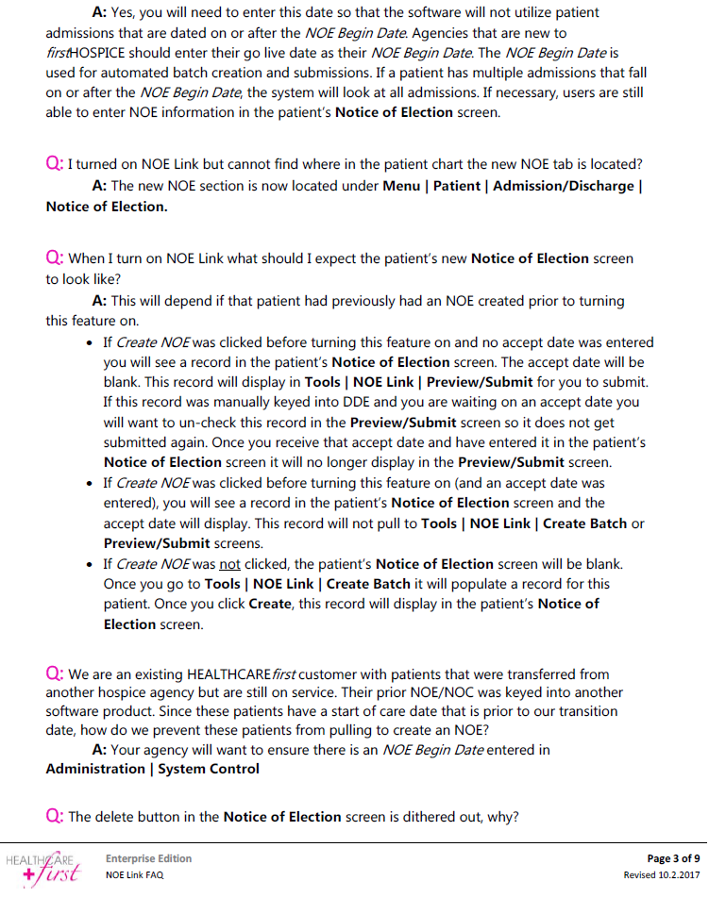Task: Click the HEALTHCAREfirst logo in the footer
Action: coord(42,869)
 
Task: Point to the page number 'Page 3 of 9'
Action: coord(672,858)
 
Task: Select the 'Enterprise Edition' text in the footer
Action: coord(148,858)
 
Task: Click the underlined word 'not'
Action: coord(229,564)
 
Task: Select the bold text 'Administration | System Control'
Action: coord(152,769)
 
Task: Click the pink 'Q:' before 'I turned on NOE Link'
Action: coord(55,165)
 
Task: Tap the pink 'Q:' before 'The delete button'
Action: coord(55,817)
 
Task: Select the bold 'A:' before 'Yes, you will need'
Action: coord(100,13)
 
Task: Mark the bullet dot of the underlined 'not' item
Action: coord(88,565)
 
